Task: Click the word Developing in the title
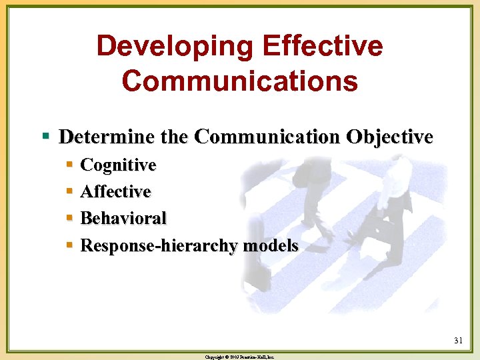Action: click(175, 47)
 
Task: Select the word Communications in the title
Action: click(240, 81)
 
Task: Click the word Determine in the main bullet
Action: click(107, 137)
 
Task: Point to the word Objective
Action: click(389, 137)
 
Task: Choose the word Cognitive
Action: click(118, 165)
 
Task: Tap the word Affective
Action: click(115, 192)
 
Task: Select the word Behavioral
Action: click(123, 219)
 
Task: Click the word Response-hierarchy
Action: click(159, 246)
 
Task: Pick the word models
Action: click(270, 246)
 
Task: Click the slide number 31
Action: click(458, 341)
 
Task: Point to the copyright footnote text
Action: click(240, 357)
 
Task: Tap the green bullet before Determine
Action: click(46, 137)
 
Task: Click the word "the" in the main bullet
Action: click(175, 137)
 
